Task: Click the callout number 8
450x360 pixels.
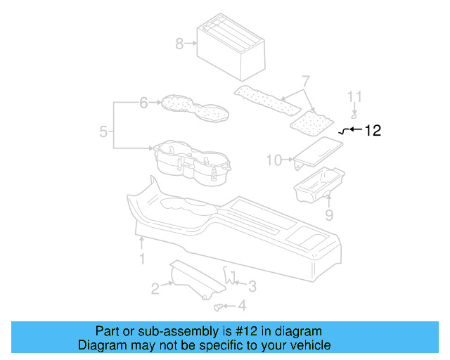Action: click(179, 44)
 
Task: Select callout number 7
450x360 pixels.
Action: click(305, 82)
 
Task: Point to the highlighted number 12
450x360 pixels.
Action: click(373, 130)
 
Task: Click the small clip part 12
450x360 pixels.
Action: click(344, 131)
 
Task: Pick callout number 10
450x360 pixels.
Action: click(274, 160)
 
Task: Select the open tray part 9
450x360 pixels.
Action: click(320, 184)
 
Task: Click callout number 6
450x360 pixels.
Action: click(143, 103)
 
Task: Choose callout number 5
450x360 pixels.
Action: click(103, 131)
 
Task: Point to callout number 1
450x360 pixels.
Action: click(141, 259)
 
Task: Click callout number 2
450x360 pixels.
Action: click(155, 288)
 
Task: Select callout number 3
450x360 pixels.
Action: click(252, 285)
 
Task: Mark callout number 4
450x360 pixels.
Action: click(243, 306)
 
